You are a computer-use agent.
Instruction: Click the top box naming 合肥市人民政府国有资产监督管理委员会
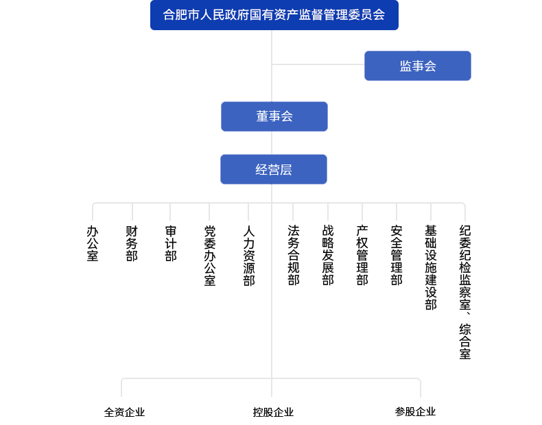coord(274,14)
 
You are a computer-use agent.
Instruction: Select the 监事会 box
coord(417,66)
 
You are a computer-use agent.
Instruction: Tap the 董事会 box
coord(274,117)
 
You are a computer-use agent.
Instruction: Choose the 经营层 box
coord(273,169)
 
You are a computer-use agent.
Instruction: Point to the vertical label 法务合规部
coord(294,255)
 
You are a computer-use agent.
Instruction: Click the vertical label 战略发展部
coord(328,255)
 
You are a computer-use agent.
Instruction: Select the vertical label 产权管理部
coord(362,255)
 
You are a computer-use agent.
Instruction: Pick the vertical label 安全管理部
coord(397,255)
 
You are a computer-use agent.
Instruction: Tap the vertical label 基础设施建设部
coord(431,267)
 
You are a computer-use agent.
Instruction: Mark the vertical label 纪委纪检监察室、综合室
coord(466,291)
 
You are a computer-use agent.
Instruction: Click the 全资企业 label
coord(124,413)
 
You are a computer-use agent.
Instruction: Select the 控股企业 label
coord(273,413)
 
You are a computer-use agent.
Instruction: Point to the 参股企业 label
coord(415,412)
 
